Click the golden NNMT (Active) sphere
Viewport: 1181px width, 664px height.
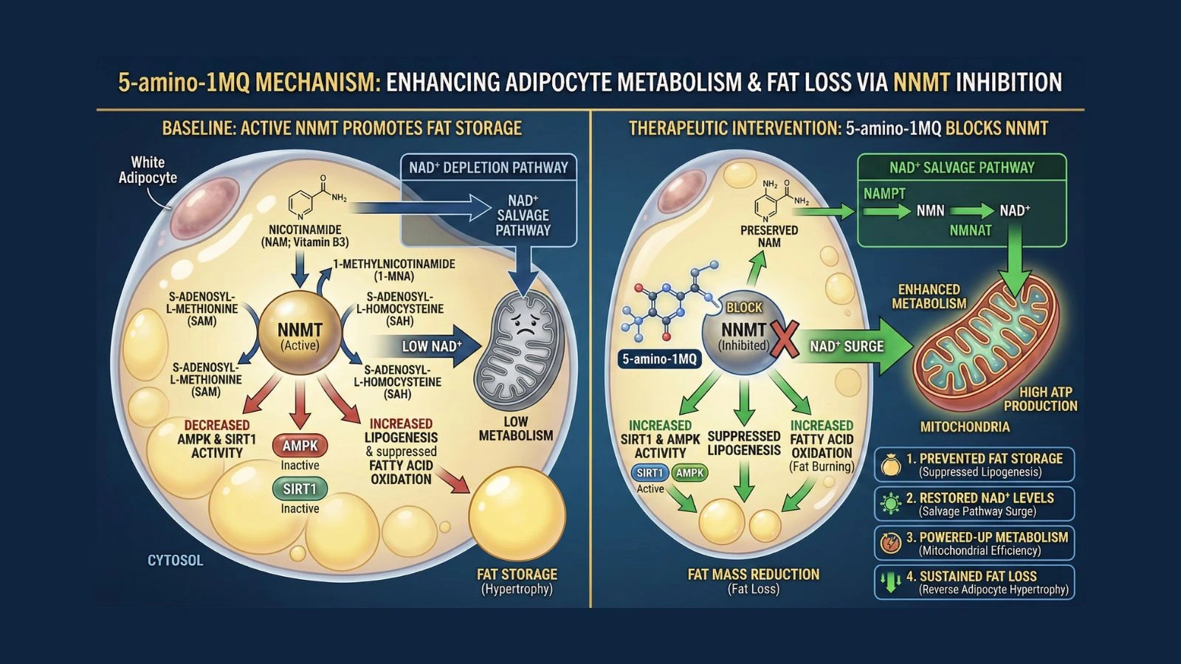[x=299, y=336]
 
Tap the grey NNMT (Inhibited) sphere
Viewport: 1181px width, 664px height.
[x=742, y=336]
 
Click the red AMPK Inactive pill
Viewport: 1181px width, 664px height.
[x=300, y=446]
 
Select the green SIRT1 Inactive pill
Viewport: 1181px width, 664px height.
[x=300, y=488]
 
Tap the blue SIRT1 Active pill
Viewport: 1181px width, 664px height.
[x=650, y=473]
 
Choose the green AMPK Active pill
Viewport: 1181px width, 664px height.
[x=689, y=473]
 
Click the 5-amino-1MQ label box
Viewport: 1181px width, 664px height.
[x=659, y=359]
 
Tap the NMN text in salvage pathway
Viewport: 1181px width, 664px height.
[x=930, y=211]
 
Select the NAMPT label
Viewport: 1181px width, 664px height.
[x=884, y=193]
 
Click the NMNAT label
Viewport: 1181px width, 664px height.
[x=971, y=231]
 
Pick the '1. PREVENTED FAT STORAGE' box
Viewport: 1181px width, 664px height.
[x=974, y=465]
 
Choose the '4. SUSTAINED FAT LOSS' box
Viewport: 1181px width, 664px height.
[x=974, y=582]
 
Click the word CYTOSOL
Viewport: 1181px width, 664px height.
[x=175, y=561]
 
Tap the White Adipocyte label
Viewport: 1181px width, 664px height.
[x=148, y=170]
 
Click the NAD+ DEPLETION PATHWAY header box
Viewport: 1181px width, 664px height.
[x=489, y=167]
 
